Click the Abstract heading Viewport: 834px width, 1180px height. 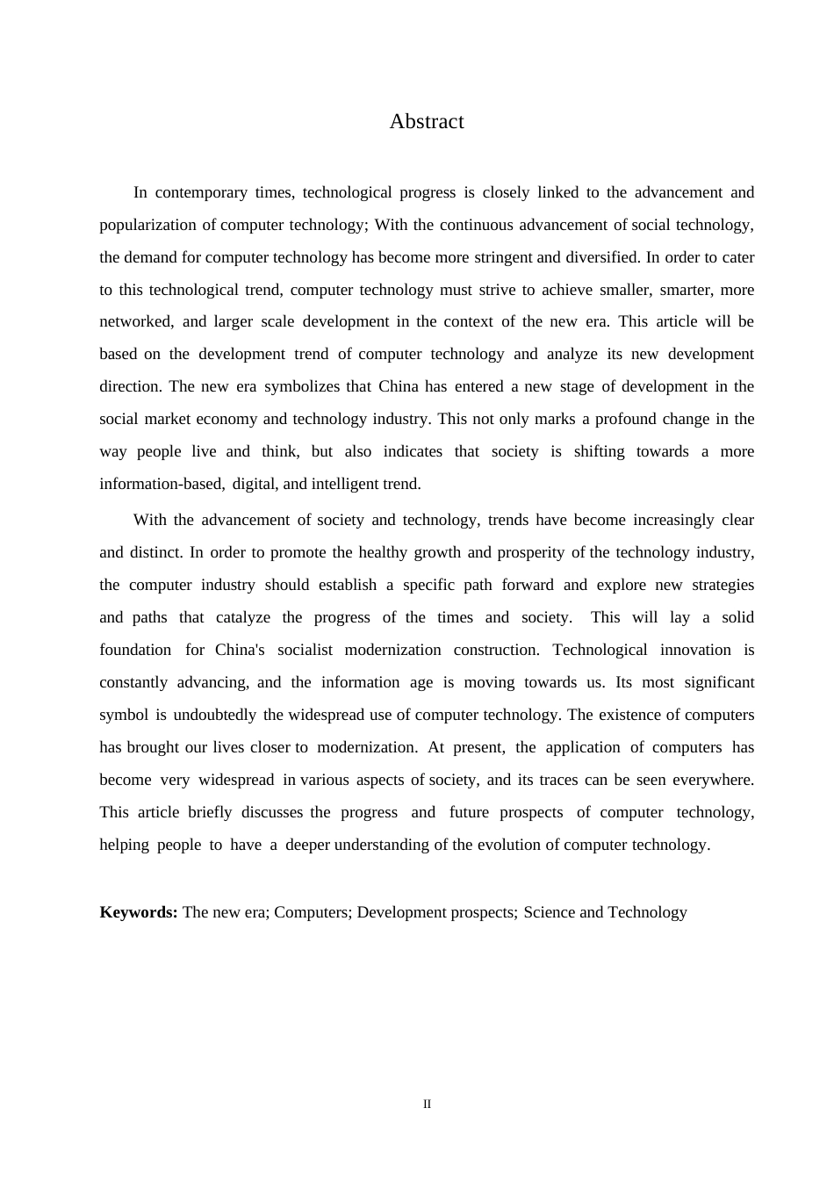(427, 122)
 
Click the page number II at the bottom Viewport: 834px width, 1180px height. (427, 1104)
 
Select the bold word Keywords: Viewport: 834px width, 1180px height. (139, 912)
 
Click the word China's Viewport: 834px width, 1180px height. (240, 650)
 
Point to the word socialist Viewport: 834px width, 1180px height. (305, 650)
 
